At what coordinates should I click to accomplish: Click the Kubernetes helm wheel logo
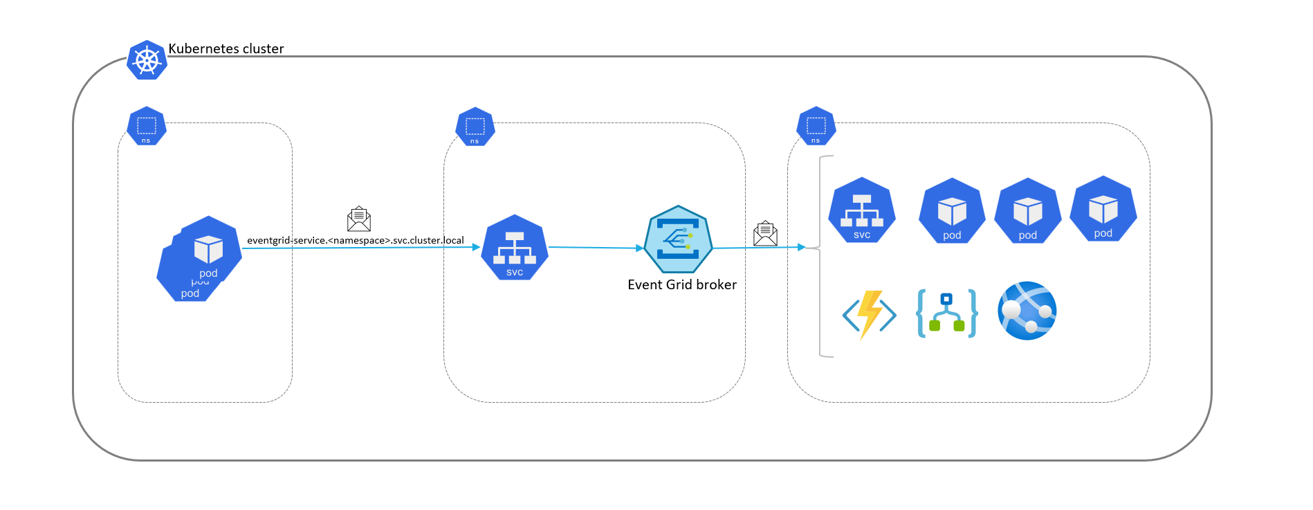147,60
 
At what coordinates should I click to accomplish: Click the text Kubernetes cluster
226,48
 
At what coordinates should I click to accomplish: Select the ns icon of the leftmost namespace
147,126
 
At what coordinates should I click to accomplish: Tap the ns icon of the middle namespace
475,127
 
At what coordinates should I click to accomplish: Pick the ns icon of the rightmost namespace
816,126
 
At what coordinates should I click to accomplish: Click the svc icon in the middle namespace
515,248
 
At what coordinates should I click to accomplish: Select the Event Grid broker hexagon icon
678,239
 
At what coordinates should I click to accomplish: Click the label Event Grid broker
681,284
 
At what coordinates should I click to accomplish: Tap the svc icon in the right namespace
862,210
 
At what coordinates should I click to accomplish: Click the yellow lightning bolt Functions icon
870,315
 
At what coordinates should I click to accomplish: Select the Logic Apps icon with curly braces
946,313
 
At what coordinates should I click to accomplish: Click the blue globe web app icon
1027,311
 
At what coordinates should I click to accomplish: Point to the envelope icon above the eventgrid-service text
359,219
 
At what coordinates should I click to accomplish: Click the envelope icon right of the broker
765,234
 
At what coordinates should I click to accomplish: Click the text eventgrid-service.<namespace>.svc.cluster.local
355,240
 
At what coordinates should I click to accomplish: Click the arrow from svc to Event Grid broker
595,247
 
